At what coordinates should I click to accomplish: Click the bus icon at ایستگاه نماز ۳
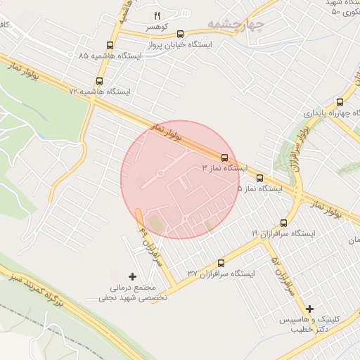[x=224, y=157]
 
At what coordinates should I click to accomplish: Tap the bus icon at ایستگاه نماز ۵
[x=259, y=179]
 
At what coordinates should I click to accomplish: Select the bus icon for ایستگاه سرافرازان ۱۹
[x=283, y=222]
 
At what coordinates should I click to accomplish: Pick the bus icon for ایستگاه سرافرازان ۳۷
[x=221, y=262]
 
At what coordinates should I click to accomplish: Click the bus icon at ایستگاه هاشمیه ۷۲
[x=99, y=81]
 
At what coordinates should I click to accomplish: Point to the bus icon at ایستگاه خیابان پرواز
[x=181, y=33]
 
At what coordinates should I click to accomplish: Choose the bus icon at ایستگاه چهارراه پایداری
[x=340, y=102]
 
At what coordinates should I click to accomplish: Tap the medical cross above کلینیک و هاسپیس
[x=309, y=308]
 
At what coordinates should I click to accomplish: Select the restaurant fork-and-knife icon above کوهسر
[x=157, y=15]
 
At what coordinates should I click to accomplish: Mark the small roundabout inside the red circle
[x=160, y=172]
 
